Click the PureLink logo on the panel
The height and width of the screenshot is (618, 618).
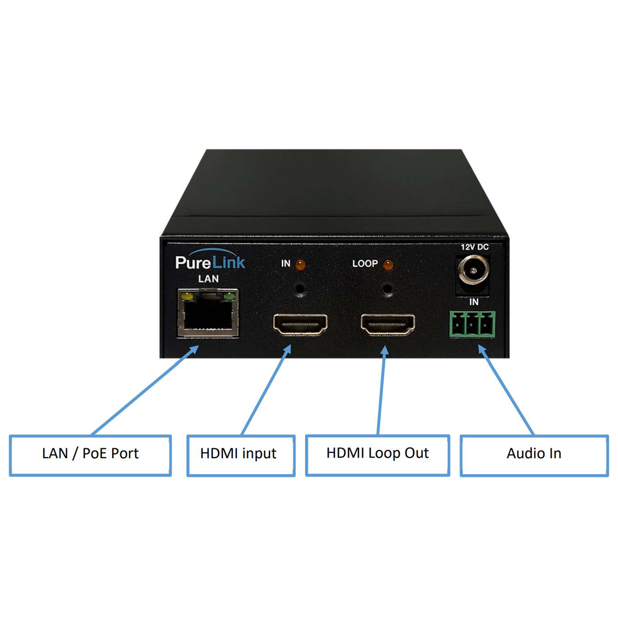(210, 260)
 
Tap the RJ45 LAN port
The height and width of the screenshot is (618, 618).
(208, 312)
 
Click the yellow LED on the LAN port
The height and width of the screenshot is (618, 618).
(187, 296)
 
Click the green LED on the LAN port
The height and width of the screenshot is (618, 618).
(229, 296)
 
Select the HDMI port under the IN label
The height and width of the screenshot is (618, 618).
(300, 324)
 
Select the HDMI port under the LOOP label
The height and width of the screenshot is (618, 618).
(388, 324)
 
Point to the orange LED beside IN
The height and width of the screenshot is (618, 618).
(300, 265)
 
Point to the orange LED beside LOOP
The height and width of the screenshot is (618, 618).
(388, 265)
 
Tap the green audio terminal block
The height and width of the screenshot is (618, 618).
(472, 324)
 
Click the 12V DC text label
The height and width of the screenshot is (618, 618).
(475, 247)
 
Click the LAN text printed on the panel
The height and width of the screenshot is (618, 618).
(209, 279)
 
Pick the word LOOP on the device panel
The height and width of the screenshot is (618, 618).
(365, 264)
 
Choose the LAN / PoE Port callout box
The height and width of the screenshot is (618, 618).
(90, 456)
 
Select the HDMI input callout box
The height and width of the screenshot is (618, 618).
(241, 456)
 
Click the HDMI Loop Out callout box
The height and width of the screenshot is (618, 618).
(378, 455)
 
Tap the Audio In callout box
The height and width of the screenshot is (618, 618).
(534, 456)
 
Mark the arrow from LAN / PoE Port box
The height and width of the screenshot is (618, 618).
(145, 390)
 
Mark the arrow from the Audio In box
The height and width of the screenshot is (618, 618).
(506, 390)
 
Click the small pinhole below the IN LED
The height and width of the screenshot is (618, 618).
(300, 288)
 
